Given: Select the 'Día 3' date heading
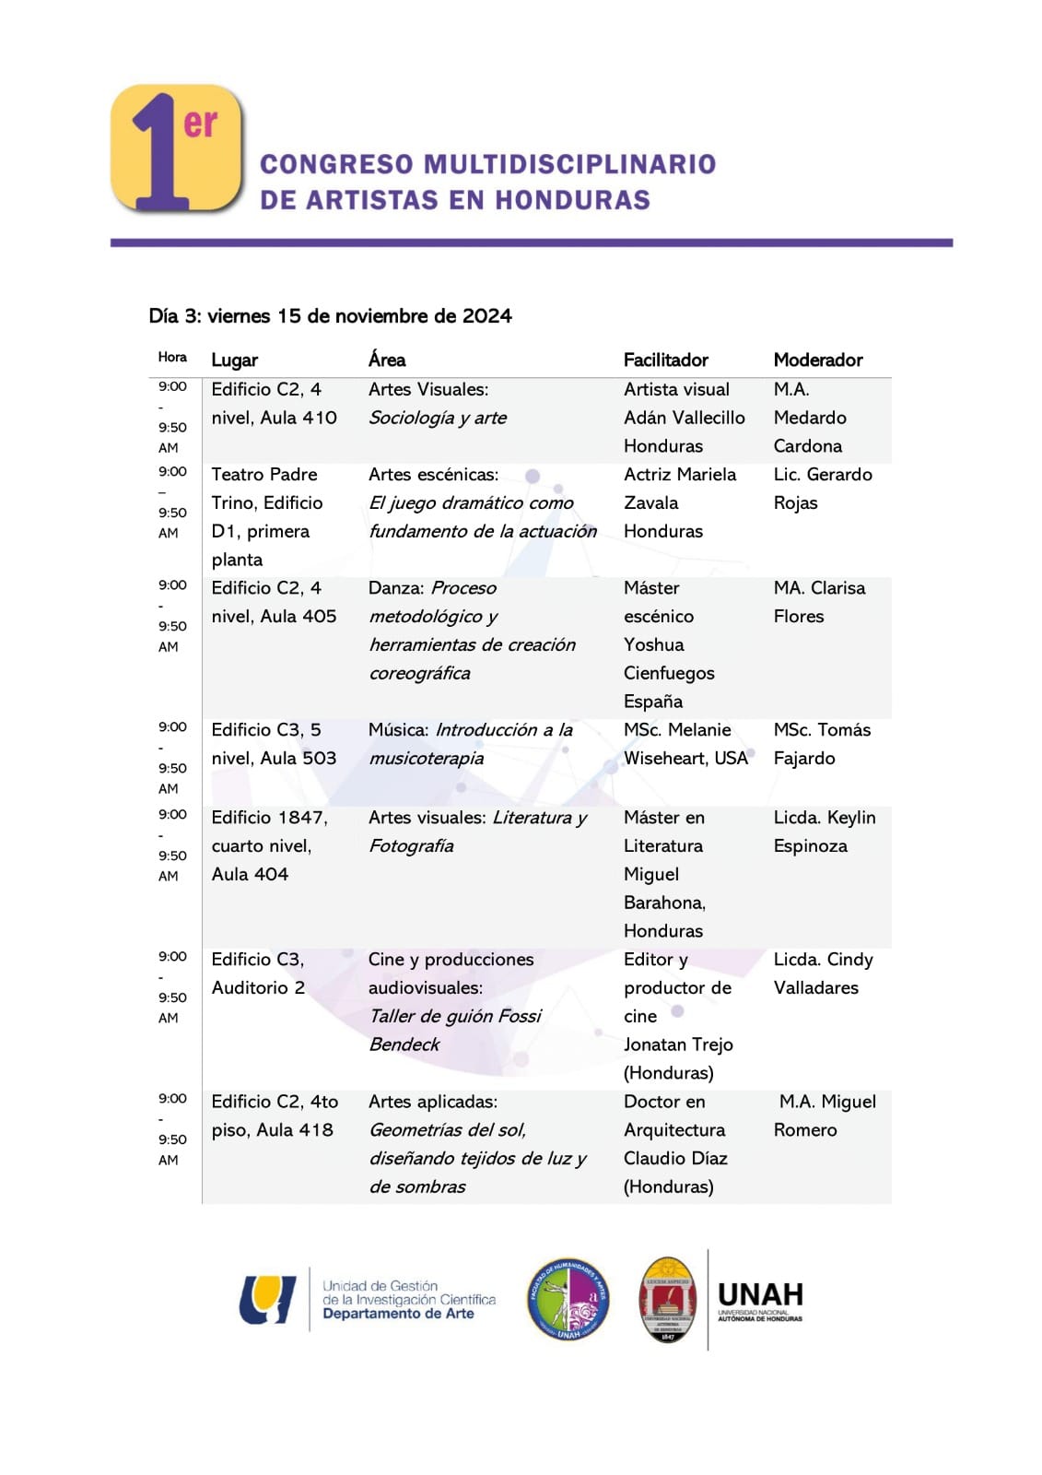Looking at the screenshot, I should pyautogui.click(x=330, y=316).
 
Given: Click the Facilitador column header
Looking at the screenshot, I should pyautogui.click(x=665, y=360).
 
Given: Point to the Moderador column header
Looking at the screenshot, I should pyautogui.click(x=817, y=360).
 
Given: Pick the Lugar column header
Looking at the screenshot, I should pyautogui.click(x=234, y=360).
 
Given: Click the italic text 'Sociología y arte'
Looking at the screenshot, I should pyautogui.click(x=438, y=418).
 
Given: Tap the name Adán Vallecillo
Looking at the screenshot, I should pyautogui.click(x=684, y=418).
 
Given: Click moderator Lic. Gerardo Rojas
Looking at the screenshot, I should pyautogui.click(x=822, y=489).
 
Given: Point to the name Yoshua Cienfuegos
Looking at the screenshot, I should pyautogui.click(x=668, y=659).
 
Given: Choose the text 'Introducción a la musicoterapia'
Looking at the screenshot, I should pyautogui.click(x=470, y=744).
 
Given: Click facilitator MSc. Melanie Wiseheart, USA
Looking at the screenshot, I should pyautogui.click(x=685, y=744).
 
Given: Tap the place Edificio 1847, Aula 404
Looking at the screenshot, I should pyautogui.click(x=269, y=845).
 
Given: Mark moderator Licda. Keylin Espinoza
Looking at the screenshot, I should pyautogui.click(x=824, y=832).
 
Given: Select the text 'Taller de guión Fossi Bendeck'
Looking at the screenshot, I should pyautogui.click(x=454, y=1030).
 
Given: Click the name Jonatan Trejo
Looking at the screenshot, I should pyautogui.click(x=678, y=1044).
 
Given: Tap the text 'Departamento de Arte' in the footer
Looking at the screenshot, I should pyautogui.click(x=398, y=1314).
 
